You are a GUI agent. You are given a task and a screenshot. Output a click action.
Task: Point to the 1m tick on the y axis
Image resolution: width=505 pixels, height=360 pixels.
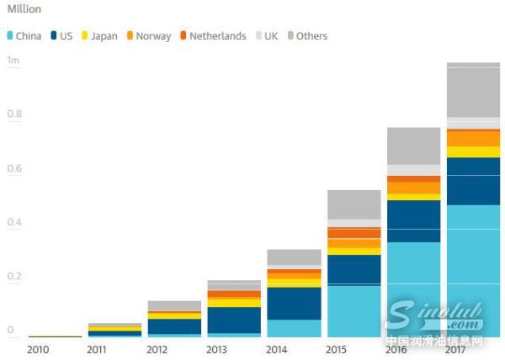tap(13, 61)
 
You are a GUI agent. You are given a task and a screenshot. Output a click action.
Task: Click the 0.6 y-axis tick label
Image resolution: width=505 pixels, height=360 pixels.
tap(13, 168)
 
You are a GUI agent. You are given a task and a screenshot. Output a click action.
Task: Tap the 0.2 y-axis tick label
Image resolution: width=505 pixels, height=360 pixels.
tap(13, 277)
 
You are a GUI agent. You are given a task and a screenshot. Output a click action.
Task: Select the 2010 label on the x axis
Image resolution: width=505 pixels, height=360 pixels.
tap(39, 349)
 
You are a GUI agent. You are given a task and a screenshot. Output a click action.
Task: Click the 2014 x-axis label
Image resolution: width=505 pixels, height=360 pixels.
tap(278, 349)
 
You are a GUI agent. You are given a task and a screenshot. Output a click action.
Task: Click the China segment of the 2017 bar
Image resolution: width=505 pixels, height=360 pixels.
tap(473, 269)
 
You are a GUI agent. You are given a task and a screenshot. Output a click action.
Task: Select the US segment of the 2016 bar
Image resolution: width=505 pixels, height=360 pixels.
tap(413, 220)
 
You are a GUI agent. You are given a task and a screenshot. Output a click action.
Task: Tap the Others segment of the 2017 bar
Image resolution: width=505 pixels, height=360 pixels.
tap(473, 91)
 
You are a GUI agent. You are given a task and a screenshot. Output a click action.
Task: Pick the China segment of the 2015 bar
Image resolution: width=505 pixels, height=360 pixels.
tap(353, 310)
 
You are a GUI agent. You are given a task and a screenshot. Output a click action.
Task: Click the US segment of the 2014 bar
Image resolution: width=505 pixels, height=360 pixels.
tap(294, 303)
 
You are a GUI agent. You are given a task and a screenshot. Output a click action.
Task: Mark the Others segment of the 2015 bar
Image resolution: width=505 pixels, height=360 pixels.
tap(353, 204)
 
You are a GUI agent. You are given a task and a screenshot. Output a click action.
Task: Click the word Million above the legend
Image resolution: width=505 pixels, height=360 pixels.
tap(24, 9)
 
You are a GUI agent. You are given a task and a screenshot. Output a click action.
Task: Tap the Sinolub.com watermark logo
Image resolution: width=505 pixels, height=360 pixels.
tap(434, 318)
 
